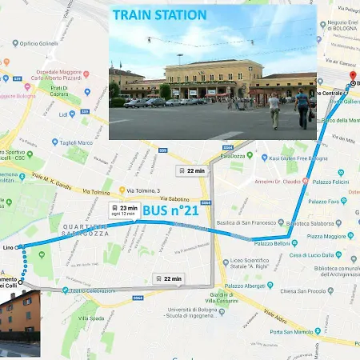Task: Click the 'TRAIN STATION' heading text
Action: (159, 15)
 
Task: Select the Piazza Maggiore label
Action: (326, 235)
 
